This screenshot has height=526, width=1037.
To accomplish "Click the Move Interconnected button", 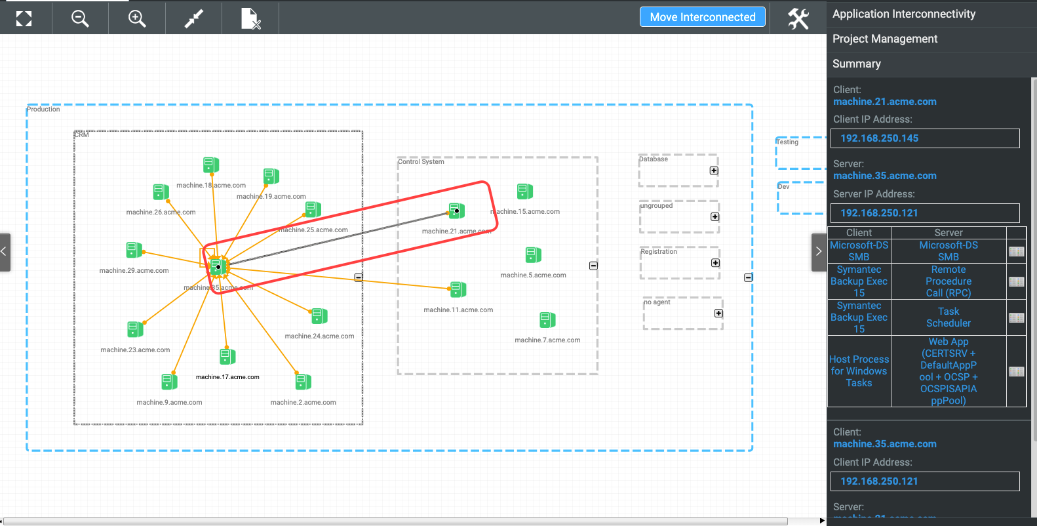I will [702, 17].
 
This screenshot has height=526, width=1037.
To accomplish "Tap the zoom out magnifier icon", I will [80, 18].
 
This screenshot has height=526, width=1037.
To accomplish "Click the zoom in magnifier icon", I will [136, 18].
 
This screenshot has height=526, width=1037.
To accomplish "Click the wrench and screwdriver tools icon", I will [798, 18].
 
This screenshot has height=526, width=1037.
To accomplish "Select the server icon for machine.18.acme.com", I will [210, 165].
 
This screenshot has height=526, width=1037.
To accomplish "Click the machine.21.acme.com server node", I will [457, 211].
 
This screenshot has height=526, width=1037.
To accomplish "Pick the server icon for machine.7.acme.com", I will [547, 320].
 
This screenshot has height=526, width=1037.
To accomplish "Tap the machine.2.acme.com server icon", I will [303, 382].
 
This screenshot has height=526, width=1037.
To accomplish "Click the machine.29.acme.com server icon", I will [134, 250].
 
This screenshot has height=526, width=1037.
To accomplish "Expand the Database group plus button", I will [714, 171].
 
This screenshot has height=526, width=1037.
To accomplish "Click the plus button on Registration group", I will [715, 263].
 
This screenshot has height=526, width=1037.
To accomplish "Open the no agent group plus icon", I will [718, 314].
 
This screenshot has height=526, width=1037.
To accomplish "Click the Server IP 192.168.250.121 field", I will [924, 213].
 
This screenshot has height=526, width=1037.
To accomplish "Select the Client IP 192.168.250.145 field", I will [924, 138].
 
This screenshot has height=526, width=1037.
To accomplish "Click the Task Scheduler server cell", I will [948, 317].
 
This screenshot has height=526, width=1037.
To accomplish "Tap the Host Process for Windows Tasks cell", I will [859, 371].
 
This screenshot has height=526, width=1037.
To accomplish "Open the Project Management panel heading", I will [885, 39].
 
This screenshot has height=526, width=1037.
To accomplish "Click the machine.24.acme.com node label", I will [319, 336].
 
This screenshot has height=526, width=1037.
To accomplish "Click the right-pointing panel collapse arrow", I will [818, 251].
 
